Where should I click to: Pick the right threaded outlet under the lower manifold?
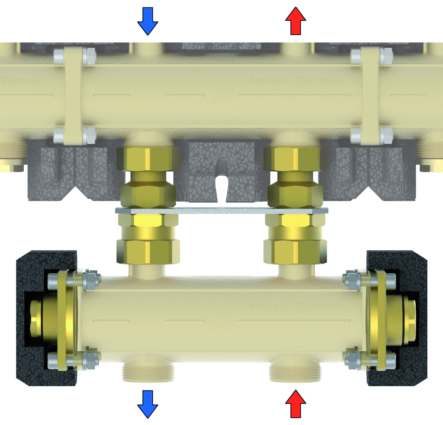pos(294,372)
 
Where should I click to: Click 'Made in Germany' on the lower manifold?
pos(296,306)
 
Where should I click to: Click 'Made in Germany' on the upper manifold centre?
pos(296,81)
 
